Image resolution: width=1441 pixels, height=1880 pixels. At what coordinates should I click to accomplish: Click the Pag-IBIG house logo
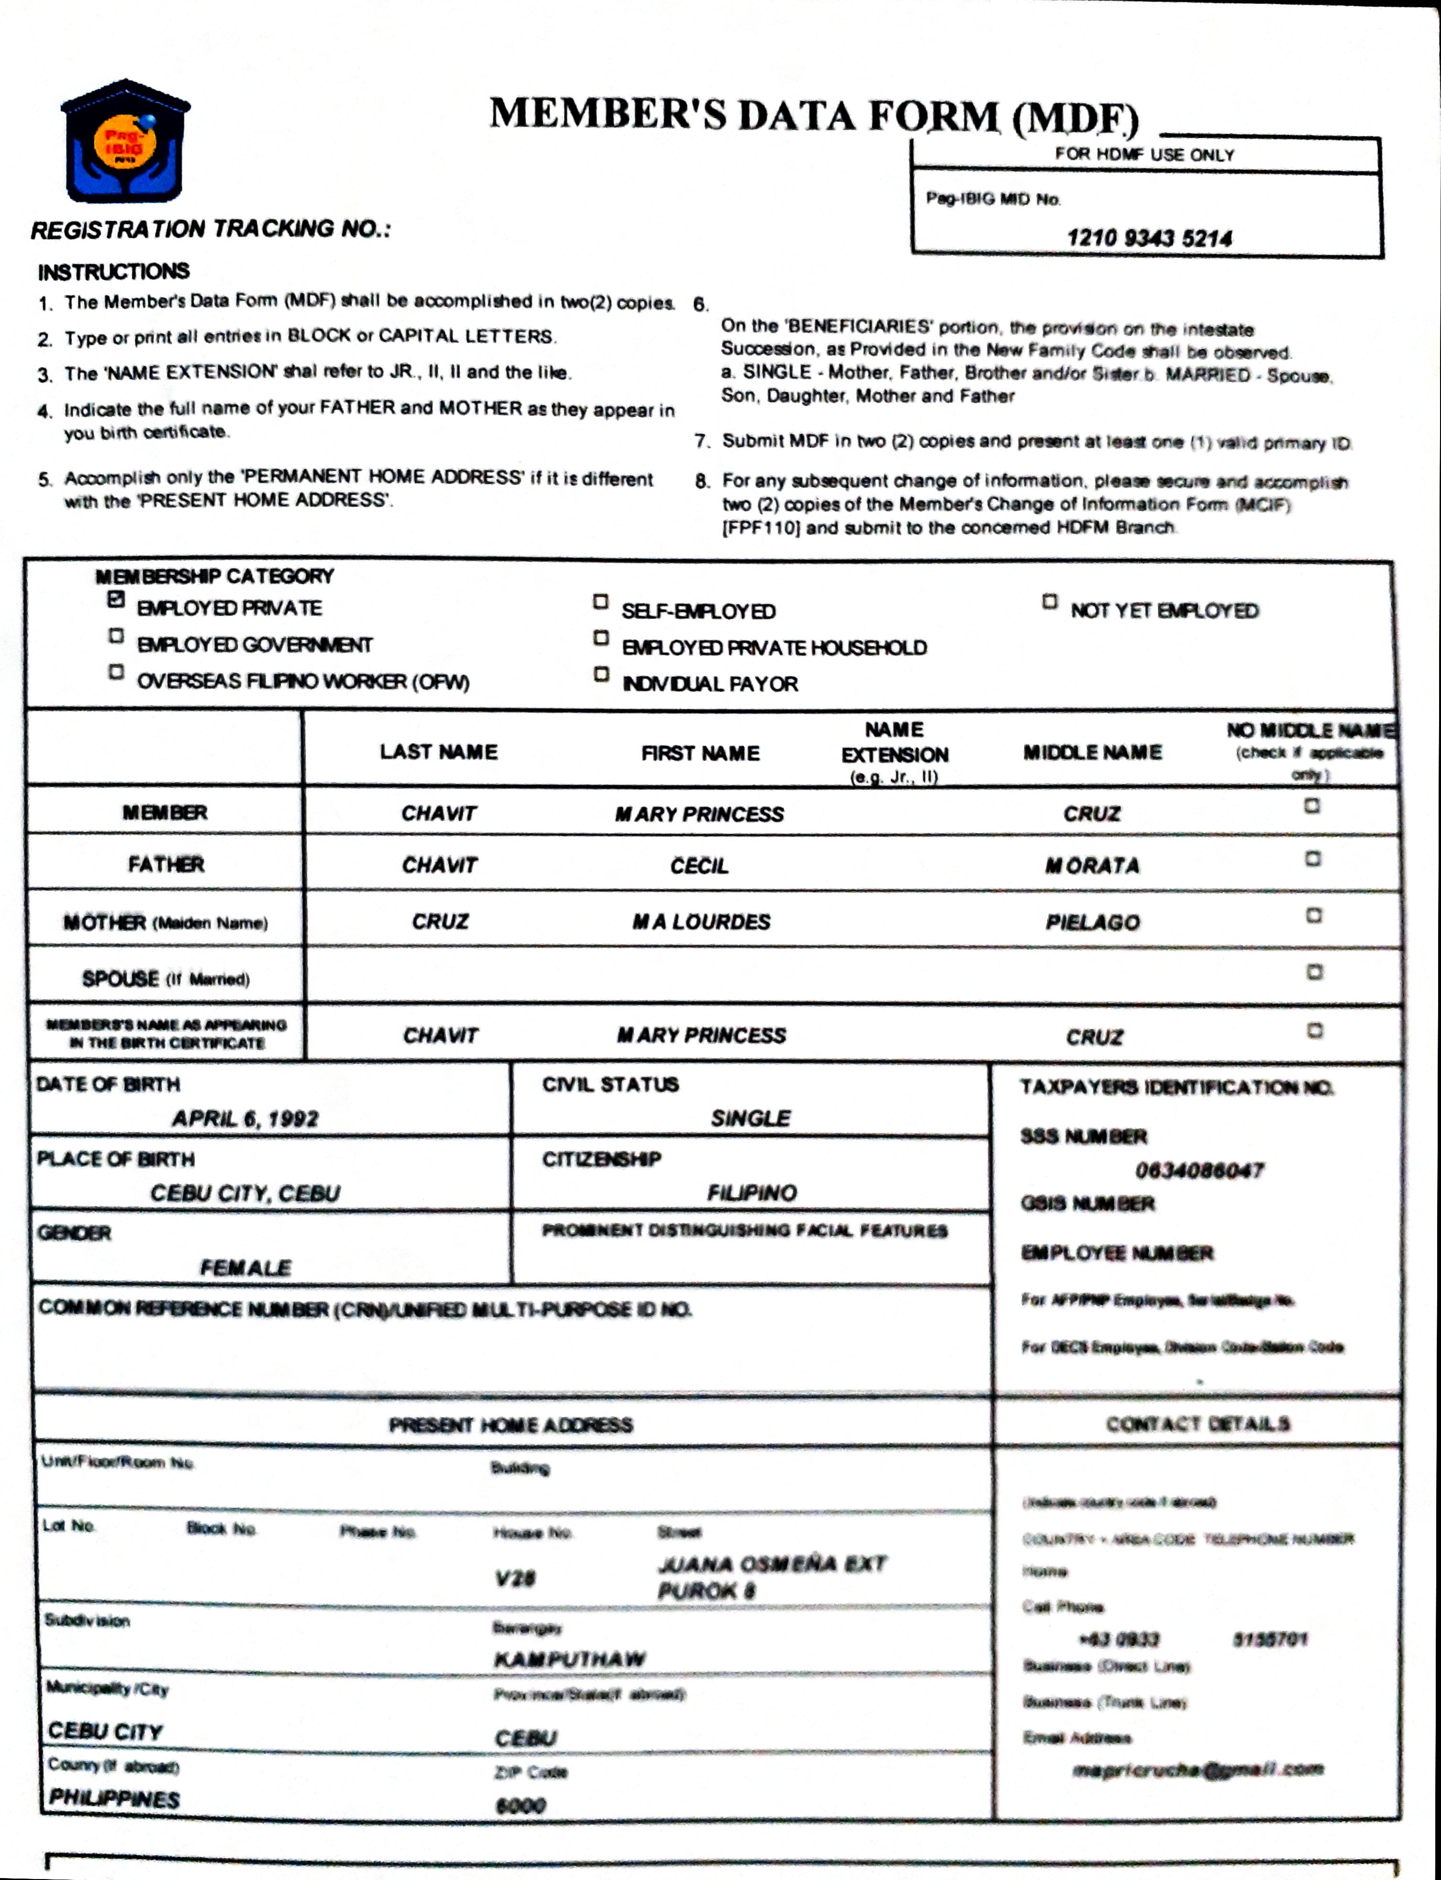click(x=125, y=142)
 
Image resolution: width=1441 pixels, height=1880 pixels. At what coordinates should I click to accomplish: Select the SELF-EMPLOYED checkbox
click(x=600, y=602)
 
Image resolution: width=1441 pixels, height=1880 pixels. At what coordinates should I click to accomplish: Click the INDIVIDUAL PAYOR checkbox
click(x=601, y=675)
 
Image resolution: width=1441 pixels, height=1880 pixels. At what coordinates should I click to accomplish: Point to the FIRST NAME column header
click(x=700, y=754)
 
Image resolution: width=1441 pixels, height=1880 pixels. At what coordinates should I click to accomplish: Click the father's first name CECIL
click(x=699, y=866)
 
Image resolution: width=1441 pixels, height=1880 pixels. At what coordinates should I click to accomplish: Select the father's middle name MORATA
click(x=1092, y=866)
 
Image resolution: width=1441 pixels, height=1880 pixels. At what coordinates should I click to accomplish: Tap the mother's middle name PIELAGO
click(x=1092, y=922)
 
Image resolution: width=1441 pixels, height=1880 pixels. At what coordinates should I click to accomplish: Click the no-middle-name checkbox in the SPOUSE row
click(x=1314, y=972)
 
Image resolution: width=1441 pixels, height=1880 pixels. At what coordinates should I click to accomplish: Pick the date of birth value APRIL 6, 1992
click(x=245, y=1118)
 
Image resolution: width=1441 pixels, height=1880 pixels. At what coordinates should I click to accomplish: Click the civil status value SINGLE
click(x=750, y=1118)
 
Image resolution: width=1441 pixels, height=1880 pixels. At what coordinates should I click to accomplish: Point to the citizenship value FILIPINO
click(x=751, y=1193)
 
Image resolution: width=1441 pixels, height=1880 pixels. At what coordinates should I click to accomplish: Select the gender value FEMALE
click(x=245, y=1268)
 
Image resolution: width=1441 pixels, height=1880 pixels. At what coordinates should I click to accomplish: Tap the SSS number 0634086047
click(x=1199, y=1170)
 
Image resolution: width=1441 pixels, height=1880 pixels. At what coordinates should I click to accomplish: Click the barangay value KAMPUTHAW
click(x=570, y=1659)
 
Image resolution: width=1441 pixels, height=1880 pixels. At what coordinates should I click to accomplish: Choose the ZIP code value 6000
click(x=520, y=1805)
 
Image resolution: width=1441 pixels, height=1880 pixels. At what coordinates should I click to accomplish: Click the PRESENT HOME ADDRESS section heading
click(x=511, y=1425)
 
